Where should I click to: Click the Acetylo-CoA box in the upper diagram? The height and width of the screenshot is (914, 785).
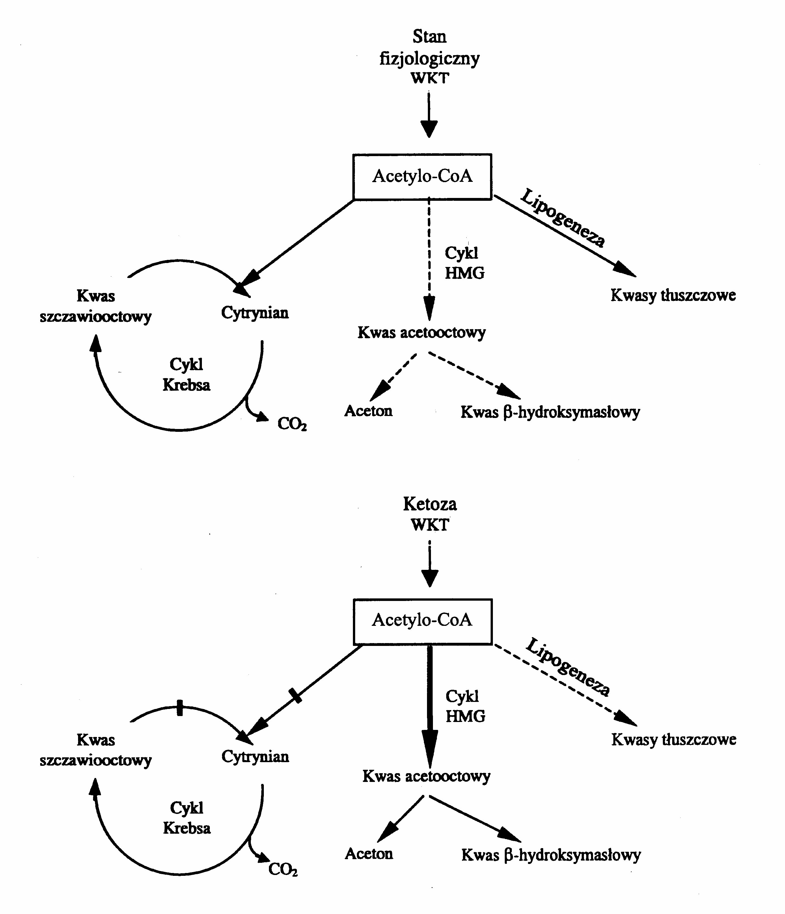[x=422, y=176]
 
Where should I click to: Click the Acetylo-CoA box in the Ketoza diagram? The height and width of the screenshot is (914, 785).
[x=422, y=620]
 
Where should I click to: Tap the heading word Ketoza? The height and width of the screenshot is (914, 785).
[x=430, y=504]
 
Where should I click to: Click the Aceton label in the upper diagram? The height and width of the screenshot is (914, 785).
[x=368, y=411]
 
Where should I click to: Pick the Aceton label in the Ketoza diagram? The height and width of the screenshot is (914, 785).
[x=369, y=853]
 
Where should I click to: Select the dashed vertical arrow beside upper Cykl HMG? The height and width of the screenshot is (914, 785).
[x=429, y=260]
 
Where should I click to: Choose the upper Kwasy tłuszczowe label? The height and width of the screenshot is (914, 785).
[x=673, y=295]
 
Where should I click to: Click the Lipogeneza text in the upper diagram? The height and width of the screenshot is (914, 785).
[x=563, y=218]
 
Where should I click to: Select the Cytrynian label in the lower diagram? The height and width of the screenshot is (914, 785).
[x=255, y=756]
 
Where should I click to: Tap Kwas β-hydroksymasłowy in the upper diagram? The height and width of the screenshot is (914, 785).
[x=550, y=412]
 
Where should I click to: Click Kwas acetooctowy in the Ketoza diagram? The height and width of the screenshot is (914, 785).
[x=426, y=776]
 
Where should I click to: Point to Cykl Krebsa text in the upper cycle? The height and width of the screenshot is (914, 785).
[x=186, y=374]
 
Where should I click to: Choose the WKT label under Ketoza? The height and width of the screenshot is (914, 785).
[x=430, y=525]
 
